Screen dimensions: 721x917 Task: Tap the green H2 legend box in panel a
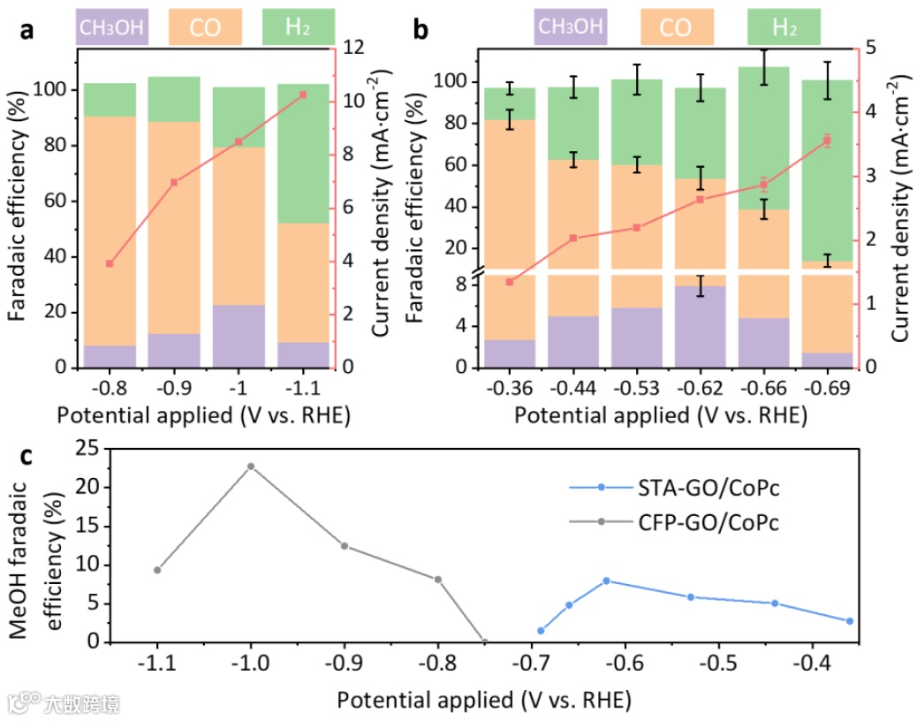click(x=299, y=27)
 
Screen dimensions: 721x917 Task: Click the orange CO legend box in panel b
click(x=676, y=27)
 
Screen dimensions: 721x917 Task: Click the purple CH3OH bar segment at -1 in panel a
click(x=239, y=336)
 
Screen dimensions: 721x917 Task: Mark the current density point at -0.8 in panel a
click(x=110, y=263)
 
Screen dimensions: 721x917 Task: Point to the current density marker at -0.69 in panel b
click(x=827, y=140)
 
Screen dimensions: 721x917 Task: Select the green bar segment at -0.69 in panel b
click(x=827, y=168)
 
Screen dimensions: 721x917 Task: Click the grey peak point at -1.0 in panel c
click(x=251, y=466)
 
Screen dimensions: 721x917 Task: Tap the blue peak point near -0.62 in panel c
click(x=606, y=581)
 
